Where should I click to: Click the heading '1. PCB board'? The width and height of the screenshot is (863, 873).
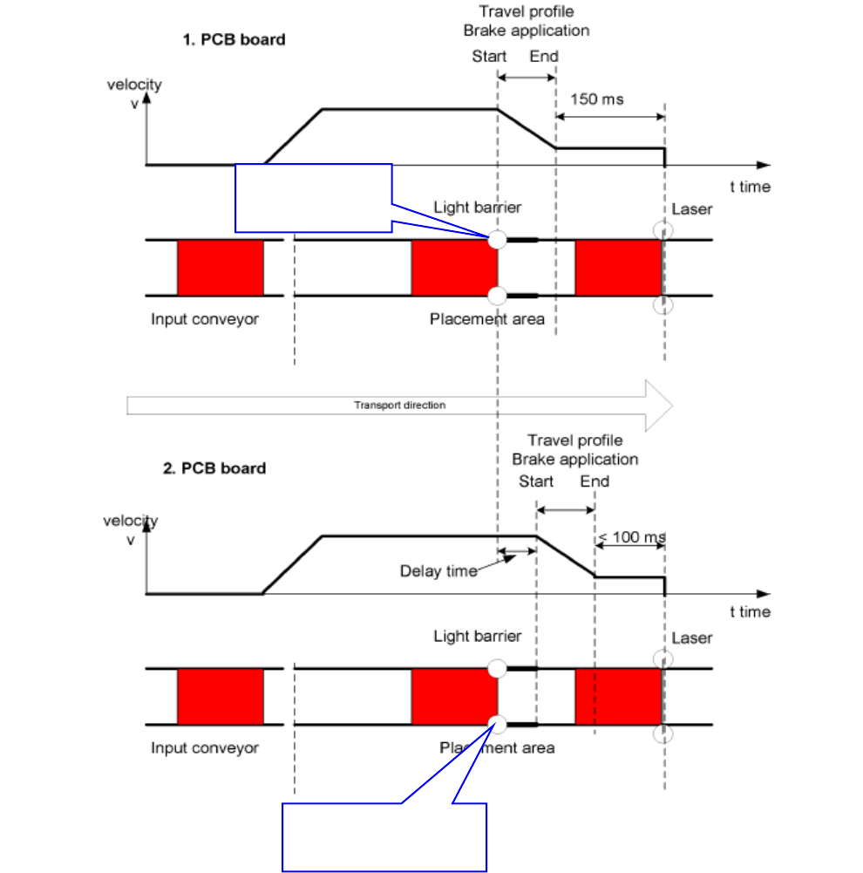[234, 39]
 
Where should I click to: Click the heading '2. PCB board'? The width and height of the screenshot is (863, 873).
[214, 468]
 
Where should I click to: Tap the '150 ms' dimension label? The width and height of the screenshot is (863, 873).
[596, 99]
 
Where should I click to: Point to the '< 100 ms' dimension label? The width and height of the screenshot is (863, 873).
[631, 537]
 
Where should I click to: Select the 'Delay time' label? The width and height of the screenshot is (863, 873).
[438, 571]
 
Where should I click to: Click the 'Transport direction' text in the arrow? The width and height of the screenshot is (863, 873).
[399, 406]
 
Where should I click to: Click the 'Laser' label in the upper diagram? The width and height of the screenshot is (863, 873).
[691, 209]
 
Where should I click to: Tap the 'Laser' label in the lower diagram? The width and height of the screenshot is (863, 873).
[691, 638]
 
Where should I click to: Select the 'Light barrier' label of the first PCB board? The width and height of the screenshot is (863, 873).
[478, 208]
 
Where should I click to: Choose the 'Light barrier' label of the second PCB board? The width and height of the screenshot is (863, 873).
[478, 637]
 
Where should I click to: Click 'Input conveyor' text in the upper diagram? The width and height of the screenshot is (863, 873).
[205, 319]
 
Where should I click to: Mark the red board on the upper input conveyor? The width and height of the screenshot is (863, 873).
[221, 268]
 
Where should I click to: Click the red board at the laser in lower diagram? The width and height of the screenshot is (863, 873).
[619, 697]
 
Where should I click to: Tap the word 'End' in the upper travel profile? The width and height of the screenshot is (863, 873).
[544, 56]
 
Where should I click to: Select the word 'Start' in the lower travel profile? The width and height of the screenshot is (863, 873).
[536, 481]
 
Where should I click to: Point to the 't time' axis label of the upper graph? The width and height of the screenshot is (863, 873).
[750, 187]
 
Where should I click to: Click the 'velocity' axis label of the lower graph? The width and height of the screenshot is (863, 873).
[131, 522]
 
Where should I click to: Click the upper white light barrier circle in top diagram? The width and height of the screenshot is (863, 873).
[498, 240]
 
